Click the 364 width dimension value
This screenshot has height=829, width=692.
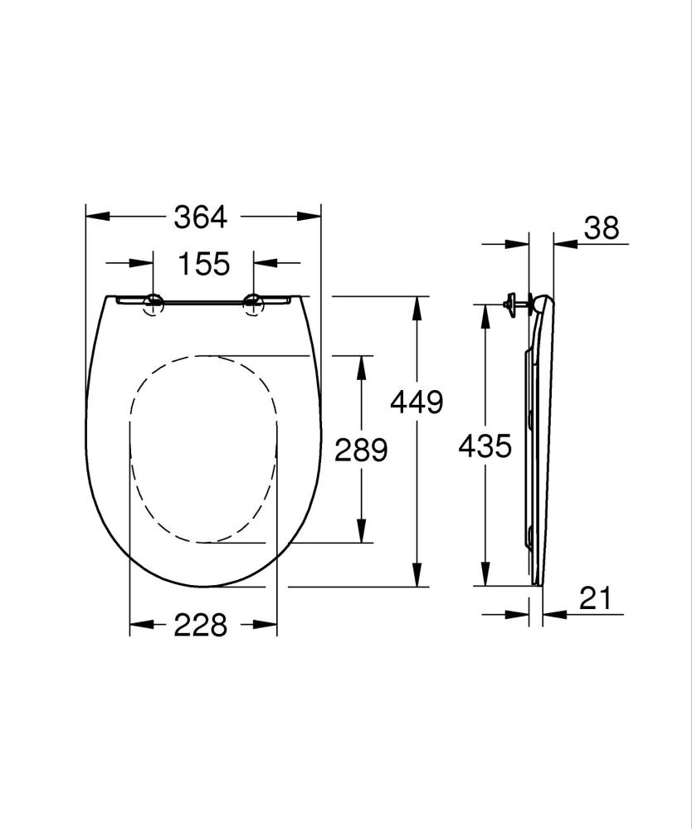coord(200,217)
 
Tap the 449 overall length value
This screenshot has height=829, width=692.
coord(417,402)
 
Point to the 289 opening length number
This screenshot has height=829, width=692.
coord(361,450)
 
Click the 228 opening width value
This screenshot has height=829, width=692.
coord(201,625)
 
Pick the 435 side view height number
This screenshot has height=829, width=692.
coord(485,447)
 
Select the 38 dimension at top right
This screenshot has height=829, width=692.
coord(601,228)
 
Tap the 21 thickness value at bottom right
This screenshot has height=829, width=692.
coord(595,598)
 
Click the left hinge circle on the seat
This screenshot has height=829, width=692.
coord(153,304)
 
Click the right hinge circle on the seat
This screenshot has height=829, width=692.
coord(254,305)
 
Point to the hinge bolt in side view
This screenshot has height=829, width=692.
coord(516,304)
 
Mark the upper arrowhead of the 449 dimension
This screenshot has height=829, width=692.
coord(417,306)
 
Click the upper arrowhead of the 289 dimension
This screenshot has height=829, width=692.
coord(361,365)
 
